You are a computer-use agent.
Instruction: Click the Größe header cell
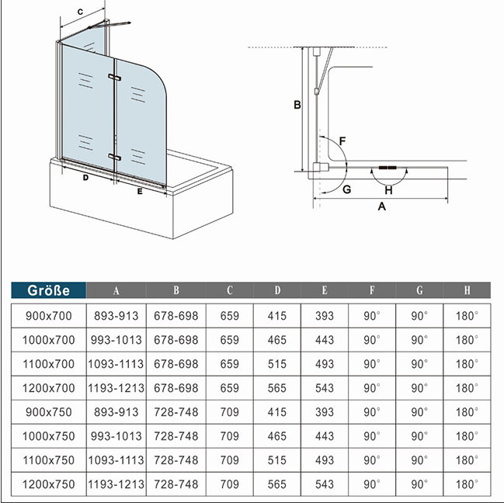pyautogui.click(x=48, y=290)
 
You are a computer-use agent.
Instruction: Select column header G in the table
pyautogui.click(x=419, y=290)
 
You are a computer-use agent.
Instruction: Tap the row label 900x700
pyautogui.click(x=48, y=316)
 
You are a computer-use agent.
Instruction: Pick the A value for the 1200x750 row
pyautogui.click(x=116, y=484)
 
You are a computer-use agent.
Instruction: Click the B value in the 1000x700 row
pyautogui.click(x=176, y=340)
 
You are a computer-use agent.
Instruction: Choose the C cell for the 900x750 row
pyautogui.click(x=230, y=412)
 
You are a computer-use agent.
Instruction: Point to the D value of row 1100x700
pyautogui.click(x=276, y=364)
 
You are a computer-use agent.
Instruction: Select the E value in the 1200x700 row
pyautogui.click(x=325, y=388)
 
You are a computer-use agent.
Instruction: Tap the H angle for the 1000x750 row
pyautogui.click(x=467, y=436)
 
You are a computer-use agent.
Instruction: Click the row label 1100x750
pyautogui.click(x=48, y=460)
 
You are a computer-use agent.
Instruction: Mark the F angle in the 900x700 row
pyautogui.click(x=372, y=316)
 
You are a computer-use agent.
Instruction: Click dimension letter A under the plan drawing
pyautogui.click(x=381, y=206)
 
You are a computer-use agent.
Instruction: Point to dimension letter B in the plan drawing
pyautogui.click(x=297, y=105)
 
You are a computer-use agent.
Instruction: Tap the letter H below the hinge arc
pyautogui.click(x=388, y=190)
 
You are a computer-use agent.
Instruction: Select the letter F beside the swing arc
pyautogui.click(x=342, y=141)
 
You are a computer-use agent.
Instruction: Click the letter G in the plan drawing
pyautogui.click(x=347, y=189)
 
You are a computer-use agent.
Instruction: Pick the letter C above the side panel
pyautogui.click(x=80, y=12)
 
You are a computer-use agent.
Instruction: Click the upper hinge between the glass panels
pyautogui.click(x=114, y=78)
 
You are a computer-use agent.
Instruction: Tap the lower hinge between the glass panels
pyautogui.click(x=114, y=157)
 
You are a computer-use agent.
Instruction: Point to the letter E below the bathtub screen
pyautogui.click(x=140, y=192)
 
